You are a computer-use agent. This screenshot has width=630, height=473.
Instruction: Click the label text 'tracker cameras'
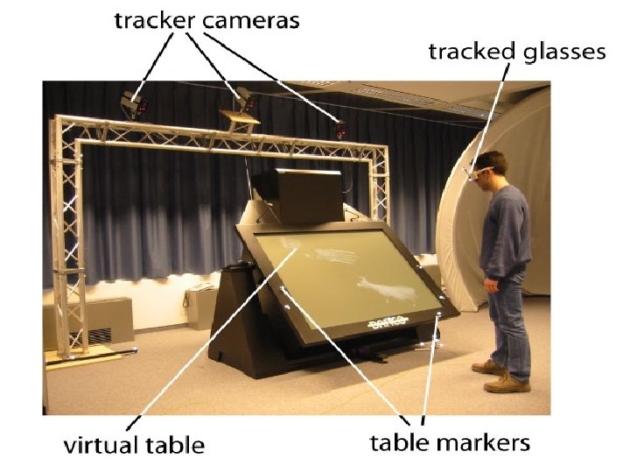pos(206,20)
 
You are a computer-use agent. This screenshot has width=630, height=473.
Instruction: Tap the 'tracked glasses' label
pos(516,52)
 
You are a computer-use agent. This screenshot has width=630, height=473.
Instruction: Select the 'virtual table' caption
pos(134,444)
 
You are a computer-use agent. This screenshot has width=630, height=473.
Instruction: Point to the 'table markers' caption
pos(450,441)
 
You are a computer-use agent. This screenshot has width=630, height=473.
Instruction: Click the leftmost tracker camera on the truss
pos(132,102)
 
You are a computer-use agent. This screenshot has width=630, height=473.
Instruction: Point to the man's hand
pos(492,285)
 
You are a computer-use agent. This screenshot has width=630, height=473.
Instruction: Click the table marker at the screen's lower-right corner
pos(438,313)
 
